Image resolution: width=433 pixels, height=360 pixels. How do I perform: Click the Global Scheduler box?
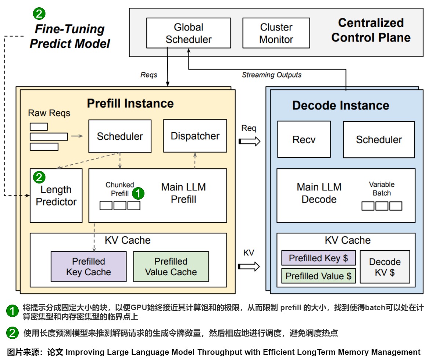point(188,33)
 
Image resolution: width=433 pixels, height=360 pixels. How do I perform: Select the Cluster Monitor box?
point(276,33)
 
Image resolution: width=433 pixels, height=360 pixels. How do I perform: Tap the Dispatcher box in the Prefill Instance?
point(195,136)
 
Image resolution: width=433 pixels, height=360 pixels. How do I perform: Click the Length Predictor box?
point(56,195)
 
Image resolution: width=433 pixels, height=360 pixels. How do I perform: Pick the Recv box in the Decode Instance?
point(304,139)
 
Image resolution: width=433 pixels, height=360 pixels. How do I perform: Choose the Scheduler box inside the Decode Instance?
point(379,139)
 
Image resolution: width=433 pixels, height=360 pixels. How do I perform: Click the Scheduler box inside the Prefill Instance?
point(120,137)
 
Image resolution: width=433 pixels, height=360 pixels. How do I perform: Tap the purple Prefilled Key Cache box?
point(88,267)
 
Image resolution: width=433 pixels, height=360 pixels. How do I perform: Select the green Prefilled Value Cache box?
point(171,267)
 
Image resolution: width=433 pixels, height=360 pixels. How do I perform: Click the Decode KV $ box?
point(385,267)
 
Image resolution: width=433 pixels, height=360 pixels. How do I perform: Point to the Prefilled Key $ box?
point(318,258)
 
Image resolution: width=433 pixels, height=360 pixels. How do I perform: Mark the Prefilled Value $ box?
point(318,276)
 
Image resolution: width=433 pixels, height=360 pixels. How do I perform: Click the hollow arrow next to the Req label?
point(249,141)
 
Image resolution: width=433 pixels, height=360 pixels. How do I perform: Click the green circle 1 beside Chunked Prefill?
point(138,193)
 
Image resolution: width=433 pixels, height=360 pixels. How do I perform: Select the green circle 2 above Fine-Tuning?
point(39,14)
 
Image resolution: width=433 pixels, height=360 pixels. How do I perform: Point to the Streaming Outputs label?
point(271,75)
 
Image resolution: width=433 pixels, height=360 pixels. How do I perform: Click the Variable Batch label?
point(382,189)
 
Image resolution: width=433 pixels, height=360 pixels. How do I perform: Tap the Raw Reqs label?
point(49,113)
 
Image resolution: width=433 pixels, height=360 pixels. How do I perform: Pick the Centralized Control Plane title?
point(371,30)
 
